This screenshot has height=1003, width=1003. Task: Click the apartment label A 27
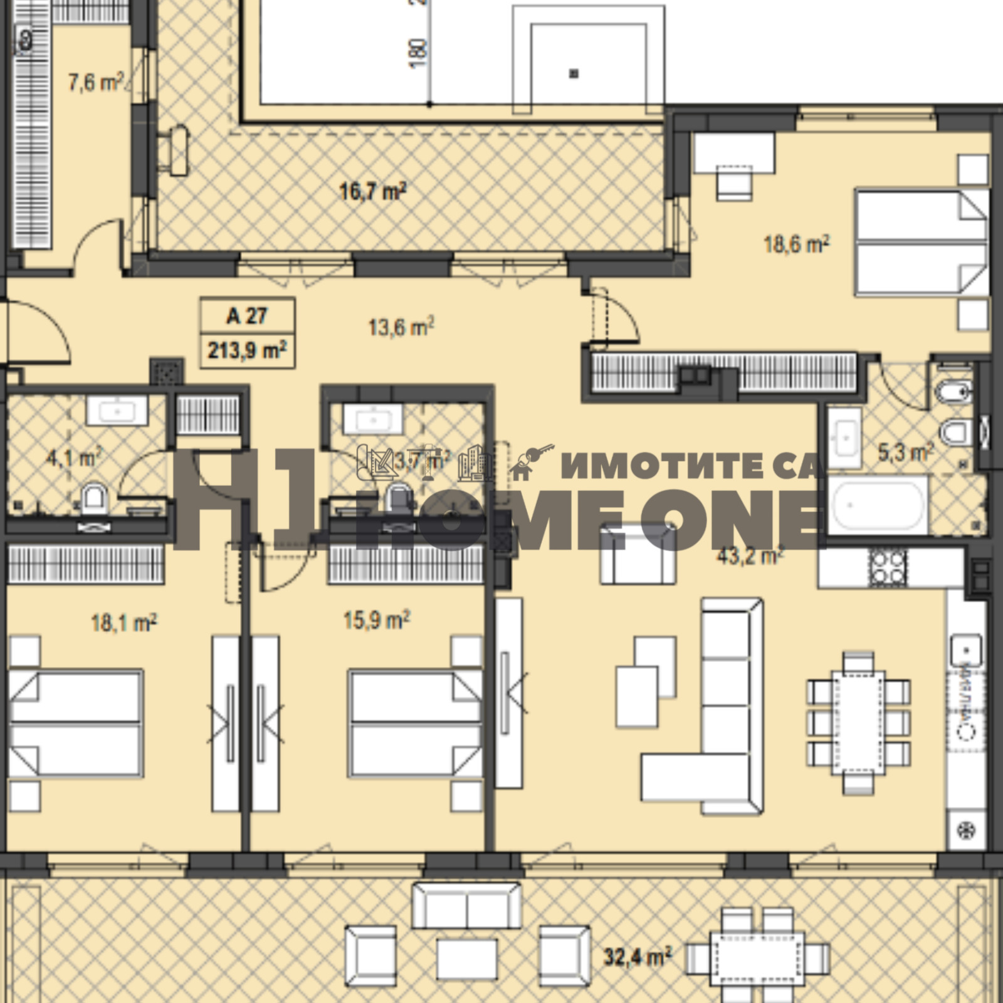click(247, 315)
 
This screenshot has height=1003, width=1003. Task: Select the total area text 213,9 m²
click(247, 350)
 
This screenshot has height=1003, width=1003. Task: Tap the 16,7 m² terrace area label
click(372, 191)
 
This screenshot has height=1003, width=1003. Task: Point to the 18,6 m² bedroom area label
click(796, 244)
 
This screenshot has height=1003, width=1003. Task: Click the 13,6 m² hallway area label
click(401, 327)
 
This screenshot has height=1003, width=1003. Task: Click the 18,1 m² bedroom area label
click(123, 622)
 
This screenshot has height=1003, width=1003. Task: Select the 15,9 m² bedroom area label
click(376, 620)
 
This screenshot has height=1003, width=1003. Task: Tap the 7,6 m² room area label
click(95, 81)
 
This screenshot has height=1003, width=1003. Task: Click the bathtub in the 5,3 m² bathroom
click(878, 505)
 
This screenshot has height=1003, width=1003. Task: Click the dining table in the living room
click(859, 723)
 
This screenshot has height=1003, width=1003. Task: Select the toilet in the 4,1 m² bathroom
click(94, 498)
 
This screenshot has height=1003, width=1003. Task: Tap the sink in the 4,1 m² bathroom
click(117, 411)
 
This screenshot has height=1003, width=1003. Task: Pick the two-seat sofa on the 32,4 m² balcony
click(466, 905)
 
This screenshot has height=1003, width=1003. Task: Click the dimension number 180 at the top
click(419, 54)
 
